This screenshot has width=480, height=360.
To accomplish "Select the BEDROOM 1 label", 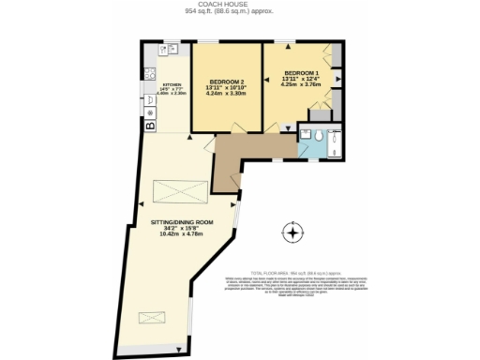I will pyautogui.click(x=302, y=72).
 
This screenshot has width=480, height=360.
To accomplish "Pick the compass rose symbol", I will pyautogui.click(x=293, y=232).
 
